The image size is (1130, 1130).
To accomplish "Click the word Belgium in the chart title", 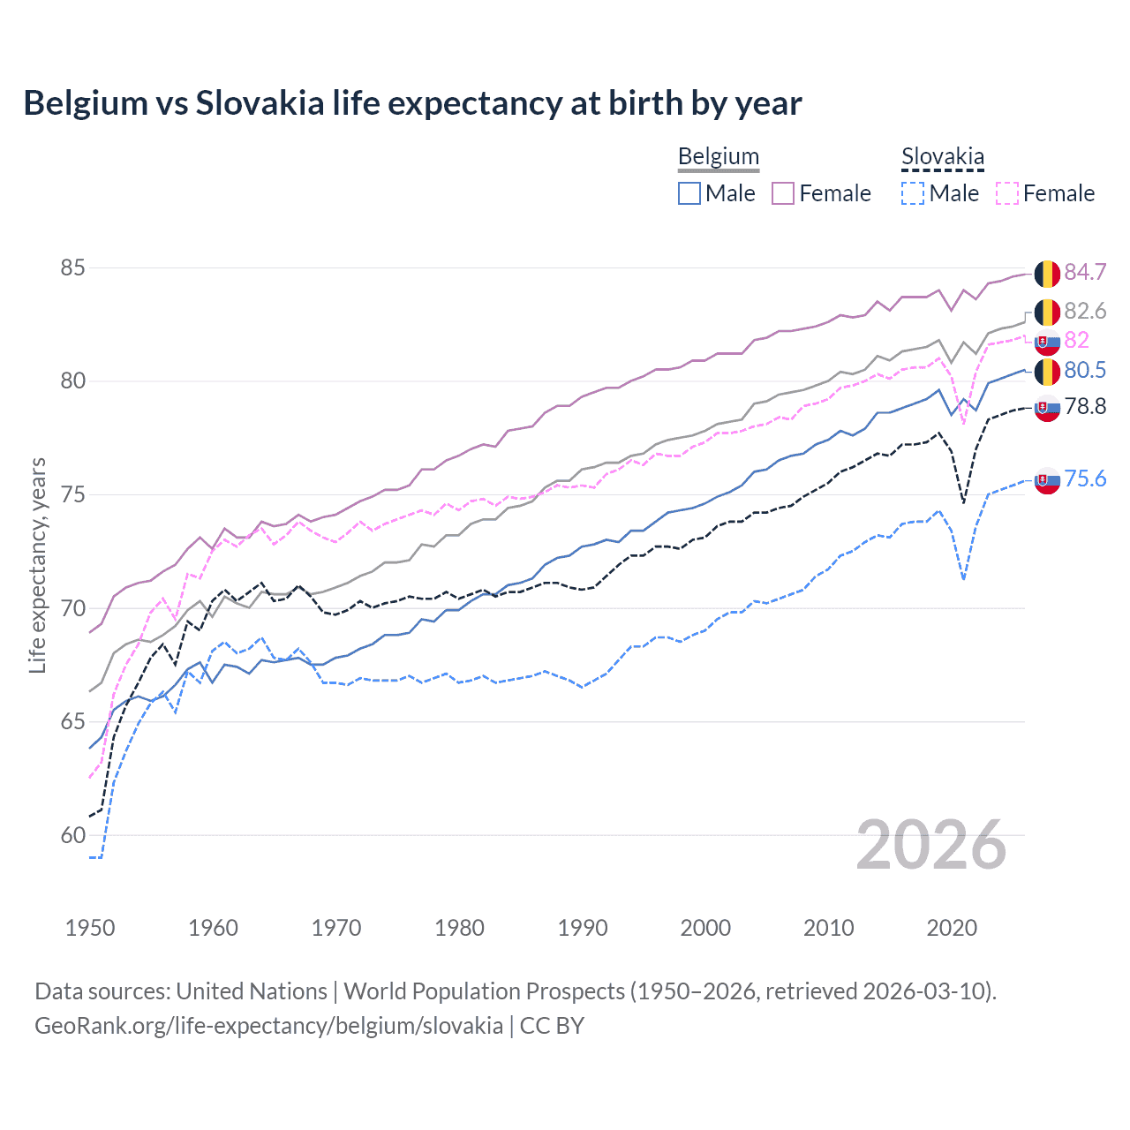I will point(86,103).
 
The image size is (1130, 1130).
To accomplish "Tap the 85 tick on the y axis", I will point(73,267).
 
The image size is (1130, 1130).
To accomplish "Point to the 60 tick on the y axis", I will point(73,835).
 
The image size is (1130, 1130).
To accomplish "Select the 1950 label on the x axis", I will point(90,928).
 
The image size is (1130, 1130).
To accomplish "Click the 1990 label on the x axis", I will point(583,928).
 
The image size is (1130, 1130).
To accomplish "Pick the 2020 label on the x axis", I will point(952,928).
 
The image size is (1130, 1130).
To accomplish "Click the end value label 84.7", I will point(1085,272).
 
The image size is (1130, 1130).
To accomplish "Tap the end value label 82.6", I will point(1085,311).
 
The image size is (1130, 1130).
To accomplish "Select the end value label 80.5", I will point(1085,370).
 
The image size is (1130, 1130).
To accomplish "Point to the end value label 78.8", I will point(1085,406).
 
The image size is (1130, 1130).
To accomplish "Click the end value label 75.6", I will point(1085,478).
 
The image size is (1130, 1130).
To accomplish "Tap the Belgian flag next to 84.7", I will point(1047,274).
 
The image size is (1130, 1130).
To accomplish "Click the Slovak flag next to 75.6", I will point(1047,480).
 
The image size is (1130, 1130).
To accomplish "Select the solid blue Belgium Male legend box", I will point(689,193).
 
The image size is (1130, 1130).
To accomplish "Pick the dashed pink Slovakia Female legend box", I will point(1007,193).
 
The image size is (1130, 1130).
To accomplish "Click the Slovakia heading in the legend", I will point(942,157).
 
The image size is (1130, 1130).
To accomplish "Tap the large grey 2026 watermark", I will point(931,845).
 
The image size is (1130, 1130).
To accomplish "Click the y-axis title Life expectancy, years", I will point(38,565).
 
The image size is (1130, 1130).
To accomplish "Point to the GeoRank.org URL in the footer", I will point(268,1026).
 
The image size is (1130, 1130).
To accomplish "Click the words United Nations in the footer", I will point(252,991).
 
